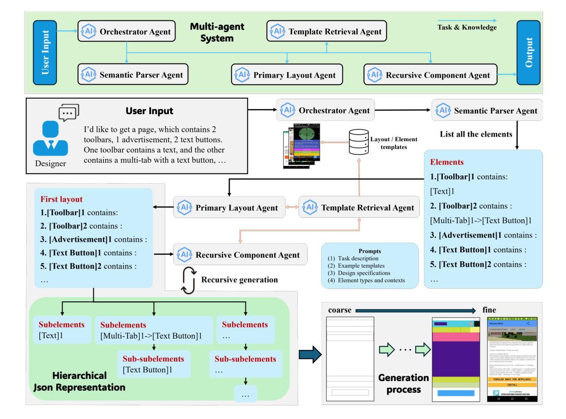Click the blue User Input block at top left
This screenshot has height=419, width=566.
click(45, 53)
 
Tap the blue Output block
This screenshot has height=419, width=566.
click(528, 52)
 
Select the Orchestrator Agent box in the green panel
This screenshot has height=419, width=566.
click(126, 32)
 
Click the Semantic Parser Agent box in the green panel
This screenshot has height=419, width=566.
click(133, 75)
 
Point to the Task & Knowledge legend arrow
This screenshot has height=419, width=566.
click(466, 20)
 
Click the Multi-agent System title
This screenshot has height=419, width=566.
click(217, 32)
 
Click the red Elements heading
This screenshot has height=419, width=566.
click(446, 161)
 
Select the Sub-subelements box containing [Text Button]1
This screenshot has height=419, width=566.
click(154, 365)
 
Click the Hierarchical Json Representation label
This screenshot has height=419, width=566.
click(79, 381)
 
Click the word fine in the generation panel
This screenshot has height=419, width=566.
click(489, 310)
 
